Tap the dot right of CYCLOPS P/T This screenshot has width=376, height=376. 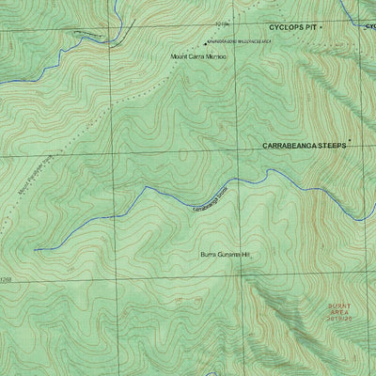point(321,27)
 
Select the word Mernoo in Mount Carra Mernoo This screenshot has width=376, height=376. point(214,57)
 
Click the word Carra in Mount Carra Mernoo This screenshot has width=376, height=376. point(192,57)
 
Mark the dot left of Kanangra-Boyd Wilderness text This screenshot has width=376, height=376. point(206,43)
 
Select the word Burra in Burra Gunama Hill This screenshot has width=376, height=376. point(209,255)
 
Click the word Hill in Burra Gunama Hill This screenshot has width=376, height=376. point(248,255)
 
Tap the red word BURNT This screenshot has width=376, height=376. point(339,305)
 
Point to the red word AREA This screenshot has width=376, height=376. point(339,312)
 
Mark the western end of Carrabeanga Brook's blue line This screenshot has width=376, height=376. point(36,250)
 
